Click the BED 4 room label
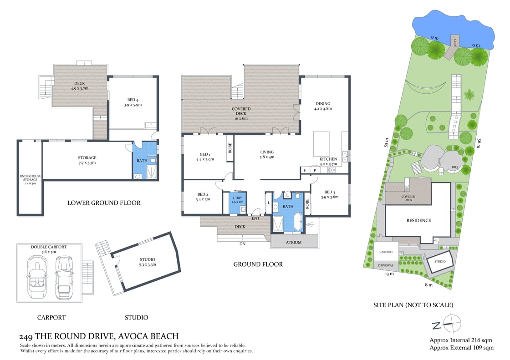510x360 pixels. pyautogui.click(x=133, y=101)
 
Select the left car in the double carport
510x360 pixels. pyautogui.click(x=36, y=277)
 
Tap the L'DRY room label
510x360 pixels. pyautogui.click(x=238, y=199)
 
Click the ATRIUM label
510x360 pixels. pyautogui.click(x=294, y=243)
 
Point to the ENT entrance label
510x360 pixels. pyautogui.click(x=255, y=218)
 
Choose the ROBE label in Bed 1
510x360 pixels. pyautogui.click(x=230, y=148)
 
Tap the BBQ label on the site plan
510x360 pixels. pyautogui.click(x=454, y=167)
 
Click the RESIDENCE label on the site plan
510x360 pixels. pyautogui.click(x=418, y=220)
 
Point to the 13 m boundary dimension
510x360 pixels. pyautogui.click(x=389, y=274)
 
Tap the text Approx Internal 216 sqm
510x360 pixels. pyautogui.click(x=461, y=340)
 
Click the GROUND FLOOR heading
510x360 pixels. pyautogui.click(x=258, y=264)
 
